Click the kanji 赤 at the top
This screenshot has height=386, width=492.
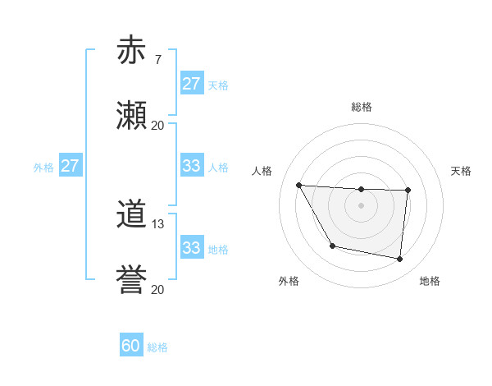[131, 50]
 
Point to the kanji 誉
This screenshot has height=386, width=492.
[131, 281]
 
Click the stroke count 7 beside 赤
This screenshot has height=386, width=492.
[157, 59]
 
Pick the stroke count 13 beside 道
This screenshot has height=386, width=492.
[158, 224]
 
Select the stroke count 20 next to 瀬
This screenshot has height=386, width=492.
[158, 125]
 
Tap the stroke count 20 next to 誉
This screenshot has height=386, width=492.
[158, 290]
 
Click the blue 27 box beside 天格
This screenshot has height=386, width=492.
[192, 84]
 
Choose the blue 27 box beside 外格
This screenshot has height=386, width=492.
[70, 166]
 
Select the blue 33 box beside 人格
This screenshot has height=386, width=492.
[192, 166]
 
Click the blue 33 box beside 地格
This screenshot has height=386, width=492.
[192, 248]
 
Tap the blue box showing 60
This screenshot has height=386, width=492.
[131, 347]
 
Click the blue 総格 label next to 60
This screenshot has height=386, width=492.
[158, 347]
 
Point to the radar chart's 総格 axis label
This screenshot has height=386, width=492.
[362, 107]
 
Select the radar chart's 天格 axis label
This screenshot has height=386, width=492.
[462, 171]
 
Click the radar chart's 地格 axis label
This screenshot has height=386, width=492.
[430, 281]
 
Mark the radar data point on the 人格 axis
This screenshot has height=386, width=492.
[299, 185]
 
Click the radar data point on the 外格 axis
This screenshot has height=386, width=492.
[332, 246]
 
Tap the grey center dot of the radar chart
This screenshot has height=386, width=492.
[362, 205]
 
